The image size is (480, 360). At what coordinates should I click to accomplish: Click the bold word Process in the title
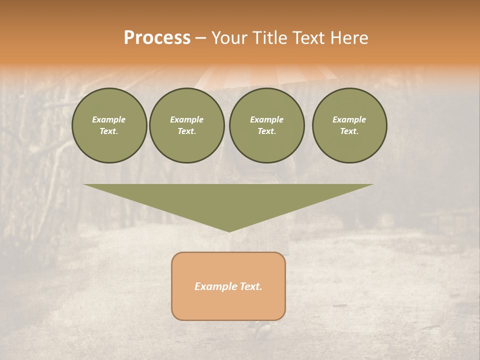point(157,38)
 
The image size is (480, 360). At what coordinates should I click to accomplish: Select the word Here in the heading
point(348,38)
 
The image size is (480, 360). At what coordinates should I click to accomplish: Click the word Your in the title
point(230,38)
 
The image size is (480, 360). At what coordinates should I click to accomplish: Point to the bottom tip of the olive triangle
point(229,231)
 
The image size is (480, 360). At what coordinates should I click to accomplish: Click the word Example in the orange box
point(216,286)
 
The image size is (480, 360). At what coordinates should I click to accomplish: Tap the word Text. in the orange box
point(251,286)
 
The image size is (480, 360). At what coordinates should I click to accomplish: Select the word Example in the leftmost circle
point(109,120)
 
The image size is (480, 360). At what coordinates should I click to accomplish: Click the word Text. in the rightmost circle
point(349,131)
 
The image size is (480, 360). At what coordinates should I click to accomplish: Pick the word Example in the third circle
point(267,120)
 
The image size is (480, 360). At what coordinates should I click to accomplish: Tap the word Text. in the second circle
point(187,131)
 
